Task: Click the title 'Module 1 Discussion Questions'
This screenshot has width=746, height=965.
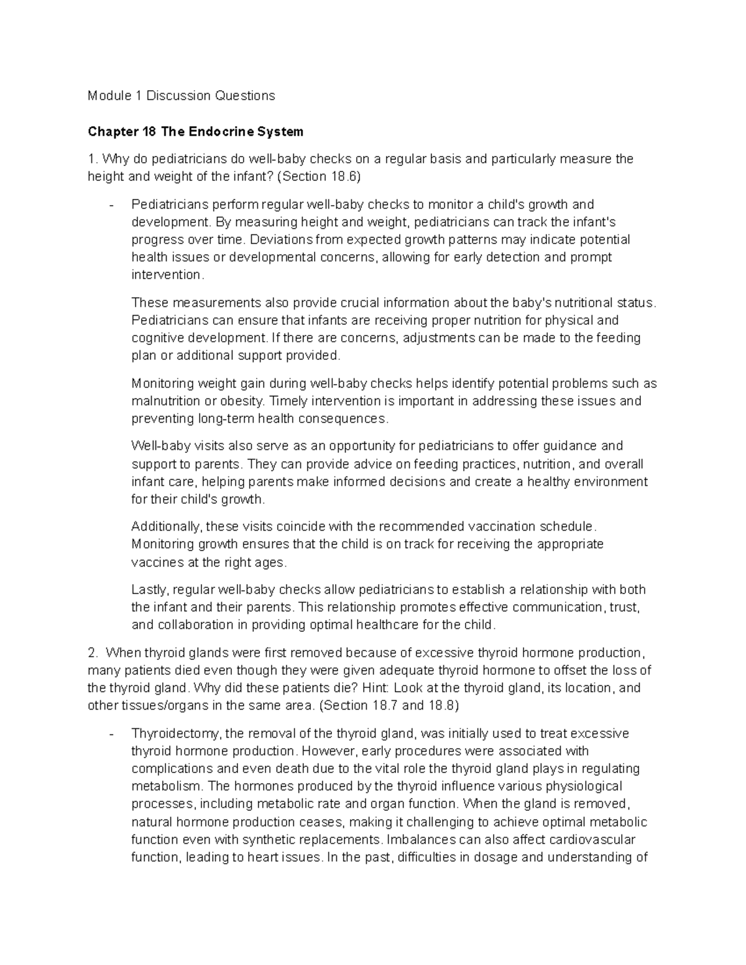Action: pos(181,96)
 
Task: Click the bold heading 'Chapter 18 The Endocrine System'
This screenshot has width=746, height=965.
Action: pos(195,132)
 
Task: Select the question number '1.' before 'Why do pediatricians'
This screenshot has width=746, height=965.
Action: pos(92,159)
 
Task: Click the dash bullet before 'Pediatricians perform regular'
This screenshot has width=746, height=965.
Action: pos(111,205)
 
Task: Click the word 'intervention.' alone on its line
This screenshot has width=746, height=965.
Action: pos(167,275)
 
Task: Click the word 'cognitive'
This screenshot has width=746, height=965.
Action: pos(158,338)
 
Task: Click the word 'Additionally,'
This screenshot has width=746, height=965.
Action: pos(167,527)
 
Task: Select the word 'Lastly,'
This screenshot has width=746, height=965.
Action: pos(150,590)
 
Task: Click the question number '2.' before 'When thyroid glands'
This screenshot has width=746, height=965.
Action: pos(93,653)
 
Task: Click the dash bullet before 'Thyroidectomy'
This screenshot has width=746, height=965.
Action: pos(111,734)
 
